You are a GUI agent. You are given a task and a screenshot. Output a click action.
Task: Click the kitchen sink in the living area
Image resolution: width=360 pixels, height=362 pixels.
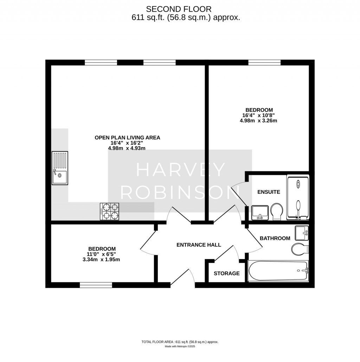(x=60, y=168)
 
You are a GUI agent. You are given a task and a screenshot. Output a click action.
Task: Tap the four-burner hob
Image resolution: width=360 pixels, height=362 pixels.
(x=110, y=211)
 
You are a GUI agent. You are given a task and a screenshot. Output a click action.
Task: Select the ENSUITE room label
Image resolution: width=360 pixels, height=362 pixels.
(x=269, y=192)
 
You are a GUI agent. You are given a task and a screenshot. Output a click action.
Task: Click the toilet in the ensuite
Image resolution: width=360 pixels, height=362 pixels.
(x=277, y=211)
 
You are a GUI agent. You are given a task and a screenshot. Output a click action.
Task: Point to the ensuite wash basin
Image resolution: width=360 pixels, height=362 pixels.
(x=260, y=213)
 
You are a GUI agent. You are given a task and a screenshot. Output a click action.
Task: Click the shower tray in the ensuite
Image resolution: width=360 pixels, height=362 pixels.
(x=298, y=197)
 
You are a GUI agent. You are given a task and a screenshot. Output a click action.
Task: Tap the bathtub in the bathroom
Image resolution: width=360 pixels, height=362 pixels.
(x=278, y=271)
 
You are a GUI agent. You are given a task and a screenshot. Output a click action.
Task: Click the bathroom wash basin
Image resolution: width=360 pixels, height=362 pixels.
(x=302, y=233)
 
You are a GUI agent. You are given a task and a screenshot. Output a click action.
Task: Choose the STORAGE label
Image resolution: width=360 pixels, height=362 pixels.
(x=227, y=274)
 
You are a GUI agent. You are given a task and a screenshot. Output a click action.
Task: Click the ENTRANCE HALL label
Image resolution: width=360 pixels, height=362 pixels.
(x=199, y=245)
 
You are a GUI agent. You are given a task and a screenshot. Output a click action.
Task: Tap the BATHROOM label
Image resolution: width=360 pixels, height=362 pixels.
(x=275, y=238)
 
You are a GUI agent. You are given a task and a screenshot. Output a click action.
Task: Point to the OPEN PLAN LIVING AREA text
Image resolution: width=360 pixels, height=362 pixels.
(x=127, y=138)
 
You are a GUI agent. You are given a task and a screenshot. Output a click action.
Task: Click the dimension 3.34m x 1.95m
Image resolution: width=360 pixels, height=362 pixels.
(x=101, y=259)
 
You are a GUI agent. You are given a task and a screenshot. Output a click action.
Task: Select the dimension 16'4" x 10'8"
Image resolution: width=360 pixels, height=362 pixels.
(x=258, y=115)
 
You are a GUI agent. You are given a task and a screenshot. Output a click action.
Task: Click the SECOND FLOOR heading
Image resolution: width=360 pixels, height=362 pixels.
(x=179, y=9)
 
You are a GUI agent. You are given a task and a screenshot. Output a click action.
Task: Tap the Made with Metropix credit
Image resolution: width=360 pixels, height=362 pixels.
(x=180, y=346)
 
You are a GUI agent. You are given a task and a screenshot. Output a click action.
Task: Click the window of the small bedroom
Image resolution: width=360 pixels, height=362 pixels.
(x=96, y=285)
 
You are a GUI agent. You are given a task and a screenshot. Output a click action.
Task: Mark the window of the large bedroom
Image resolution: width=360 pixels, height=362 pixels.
(x=264, y=62)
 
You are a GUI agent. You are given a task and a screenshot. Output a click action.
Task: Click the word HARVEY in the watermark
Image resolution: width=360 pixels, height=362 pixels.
(x=181, y=170)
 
